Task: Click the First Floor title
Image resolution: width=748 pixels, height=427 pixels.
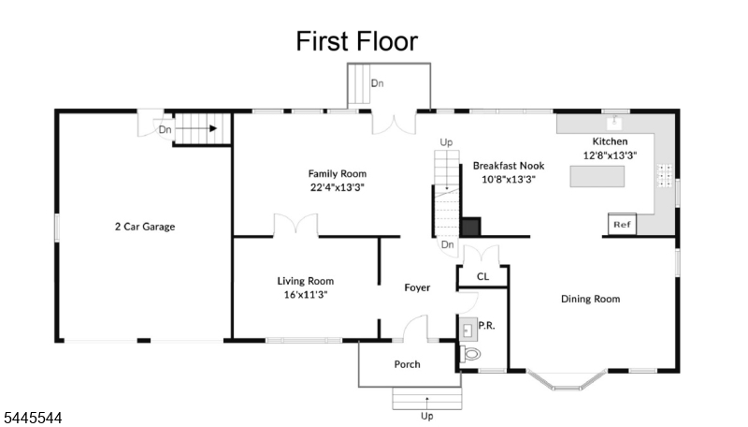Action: pyautogui.click(x=357, y=41)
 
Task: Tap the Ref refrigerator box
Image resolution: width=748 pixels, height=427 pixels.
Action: pyautogui.click(x=622, y=224)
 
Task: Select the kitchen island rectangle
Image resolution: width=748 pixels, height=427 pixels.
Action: pyautogui.click(x=597, y=176)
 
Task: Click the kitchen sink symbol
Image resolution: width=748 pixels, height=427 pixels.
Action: pyautogui.click(x=614, y=123)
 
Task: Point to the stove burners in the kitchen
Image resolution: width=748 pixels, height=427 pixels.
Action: pyautogui.click(x=665, y=175)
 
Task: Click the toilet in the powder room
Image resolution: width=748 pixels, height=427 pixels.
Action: pyautogui.click(x=470, y=354)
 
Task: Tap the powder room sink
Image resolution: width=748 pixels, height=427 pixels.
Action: pyautogui.click(x=468, y=329)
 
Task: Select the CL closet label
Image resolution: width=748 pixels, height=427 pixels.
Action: pyautogui.click(x=482, y=276)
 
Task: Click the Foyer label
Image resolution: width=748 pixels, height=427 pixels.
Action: pyautogui.click(x=417, y=287)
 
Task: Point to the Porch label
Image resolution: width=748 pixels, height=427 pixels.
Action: pyautogui.click(x=408, y=364)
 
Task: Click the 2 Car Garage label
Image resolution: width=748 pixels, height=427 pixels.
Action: pyautogui.click(x=145, y=227)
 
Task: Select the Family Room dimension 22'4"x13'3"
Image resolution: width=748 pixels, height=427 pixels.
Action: pyautogui.click(x=338, y=187)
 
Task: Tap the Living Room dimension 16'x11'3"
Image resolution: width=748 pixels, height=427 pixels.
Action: pyautogui.click(x=306, y=295)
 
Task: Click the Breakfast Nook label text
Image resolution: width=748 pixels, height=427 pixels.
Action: pyautogui.click(x=509, y=166)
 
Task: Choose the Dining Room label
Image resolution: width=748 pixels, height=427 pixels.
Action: pyautogui.click(x=591, y=299)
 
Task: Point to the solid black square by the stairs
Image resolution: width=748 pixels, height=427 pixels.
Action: pyautogui.click(x=471, y=227)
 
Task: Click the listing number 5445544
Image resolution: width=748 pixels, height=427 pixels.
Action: pyautogui.click(x=32, y=418)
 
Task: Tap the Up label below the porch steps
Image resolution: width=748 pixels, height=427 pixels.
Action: pyautogui.click(x=427, y=416)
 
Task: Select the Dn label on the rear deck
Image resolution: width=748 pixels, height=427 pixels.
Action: pyautogui.click(x=378, y=83)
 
